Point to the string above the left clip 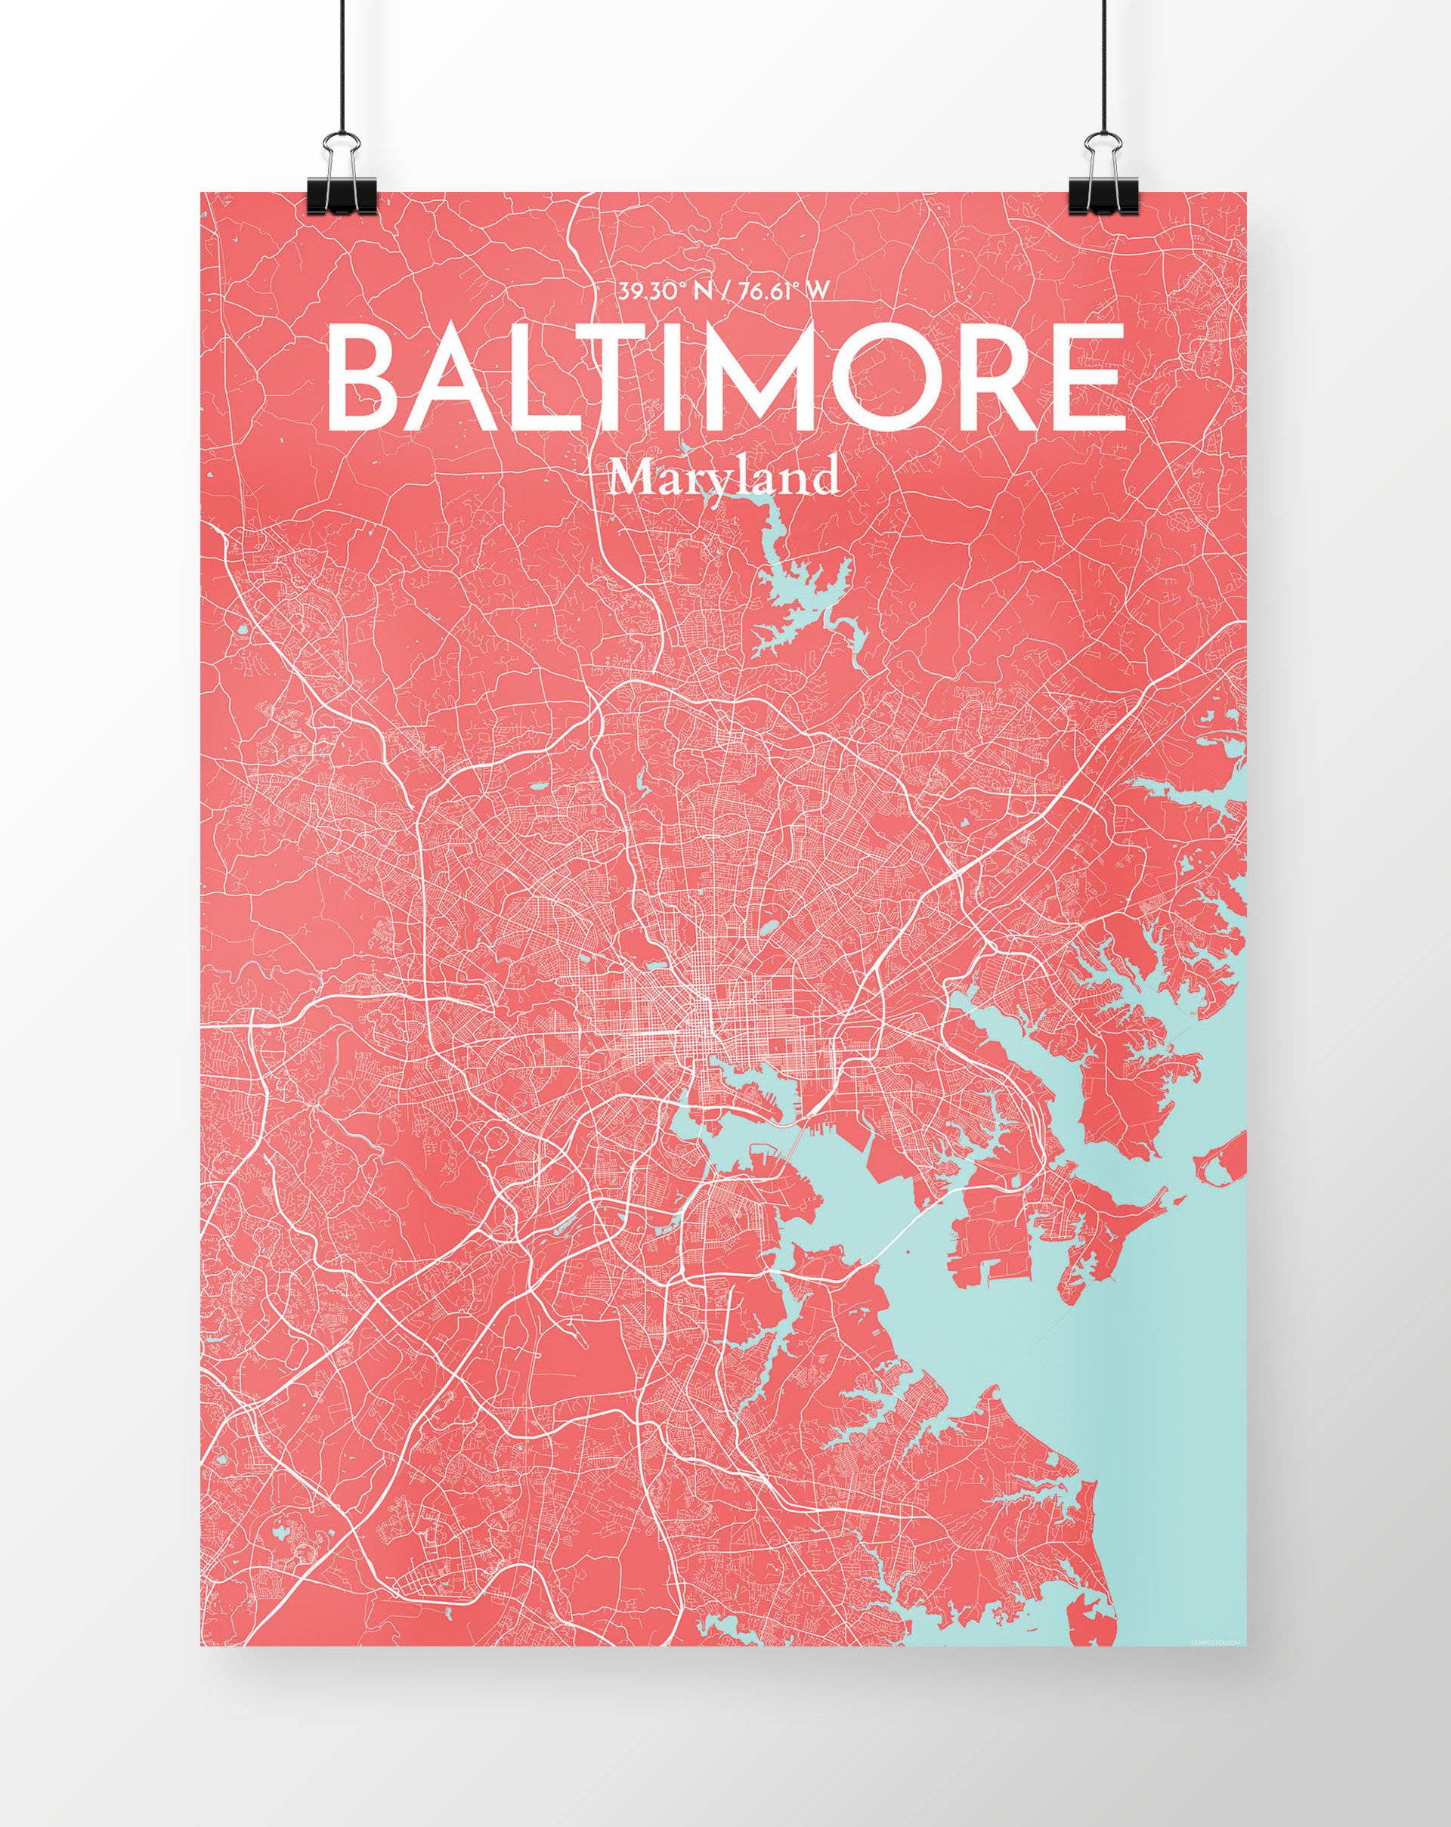coord(344,68)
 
